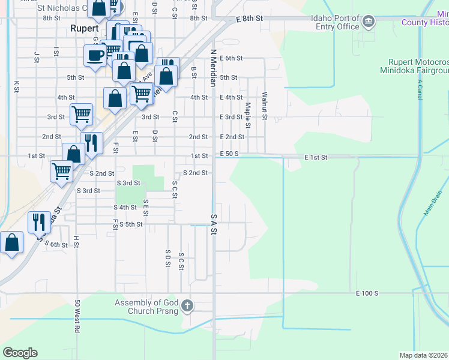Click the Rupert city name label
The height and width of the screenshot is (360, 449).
click(x=84, y=28)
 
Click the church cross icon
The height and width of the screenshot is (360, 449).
click(x=187, y=306)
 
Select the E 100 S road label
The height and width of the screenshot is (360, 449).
click(x=367, y=293)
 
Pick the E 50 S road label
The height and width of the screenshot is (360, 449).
click(x=230, y=154)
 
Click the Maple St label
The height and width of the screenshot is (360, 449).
click(x=247, y=115)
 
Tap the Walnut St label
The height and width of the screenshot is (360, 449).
click(x=264, y=104)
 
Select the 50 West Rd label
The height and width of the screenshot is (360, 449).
click(x=77, y=317)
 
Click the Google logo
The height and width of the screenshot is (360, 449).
click(x=20, y=353)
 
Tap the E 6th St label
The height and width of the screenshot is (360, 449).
click(x=231, y=58)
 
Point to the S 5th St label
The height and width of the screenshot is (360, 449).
click(x=131, y=224)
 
